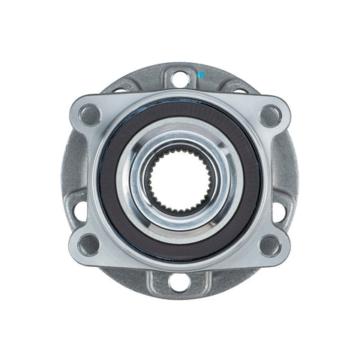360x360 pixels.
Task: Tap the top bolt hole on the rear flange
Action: pyautogui.click(x=179, y=76)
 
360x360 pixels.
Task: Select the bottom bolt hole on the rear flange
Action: pyautogui.click(x=178, y=282)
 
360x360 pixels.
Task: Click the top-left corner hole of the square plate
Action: pyautogui.click(x=89, y=115)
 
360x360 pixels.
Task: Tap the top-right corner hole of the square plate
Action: pyautogui.click(x=270, y=115)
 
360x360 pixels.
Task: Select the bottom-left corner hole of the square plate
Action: pyautogui.click(x=89, y=244)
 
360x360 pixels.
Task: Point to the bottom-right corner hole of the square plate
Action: pyautogui.click(x=270, y=244)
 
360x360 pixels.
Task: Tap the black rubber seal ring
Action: pyautogui.click(x=112, y=180)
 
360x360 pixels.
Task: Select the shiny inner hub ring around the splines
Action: pyautogui.click(x=179, y=142)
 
